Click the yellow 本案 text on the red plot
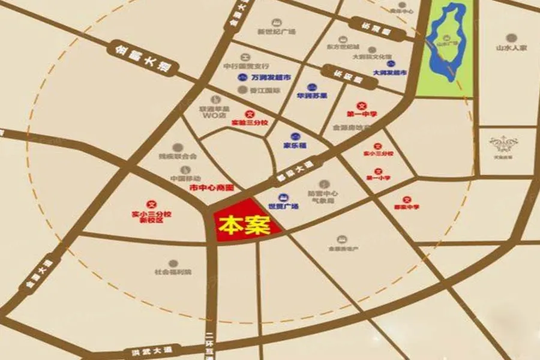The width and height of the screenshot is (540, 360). coord(242,225)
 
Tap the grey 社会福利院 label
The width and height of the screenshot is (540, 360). coord(173,272)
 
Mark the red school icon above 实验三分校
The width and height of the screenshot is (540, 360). coord(250,113)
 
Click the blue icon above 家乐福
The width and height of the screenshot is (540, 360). coord(295,136)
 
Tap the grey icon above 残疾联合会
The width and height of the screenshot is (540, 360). coord(178,147)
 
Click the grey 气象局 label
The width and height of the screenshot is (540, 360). coord(322,201)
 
